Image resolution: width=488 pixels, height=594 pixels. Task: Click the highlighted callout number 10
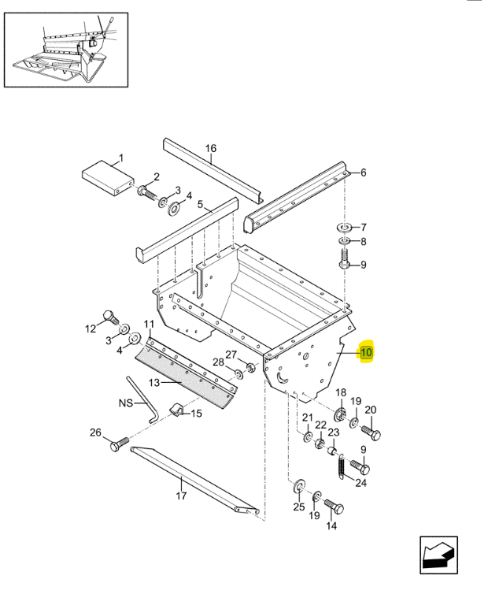point(366,353)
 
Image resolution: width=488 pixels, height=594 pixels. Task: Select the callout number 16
point(210,148)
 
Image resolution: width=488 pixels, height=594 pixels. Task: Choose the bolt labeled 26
point(116,446)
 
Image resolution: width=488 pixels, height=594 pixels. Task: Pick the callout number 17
point(181,496)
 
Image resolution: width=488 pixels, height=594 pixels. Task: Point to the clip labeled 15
point(176,410)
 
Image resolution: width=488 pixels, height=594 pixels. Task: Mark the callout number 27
point(231,354)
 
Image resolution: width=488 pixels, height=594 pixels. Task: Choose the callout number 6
point(363,173)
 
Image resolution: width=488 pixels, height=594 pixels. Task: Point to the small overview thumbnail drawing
point(67,47)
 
